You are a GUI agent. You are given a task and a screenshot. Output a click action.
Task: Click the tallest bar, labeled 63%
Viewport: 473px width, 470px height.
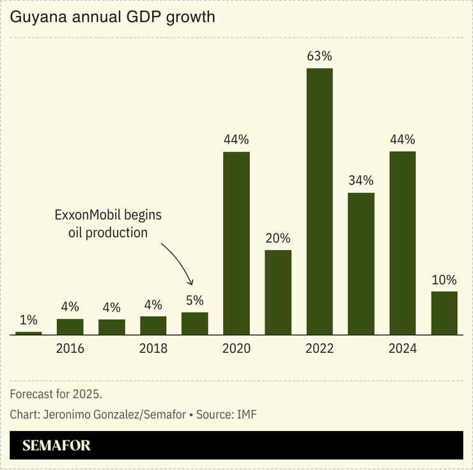click(x=320, y=201)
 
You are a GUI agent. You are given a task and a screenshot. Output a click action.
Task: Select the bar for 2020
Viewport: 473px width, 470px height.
click(x=236, y=243)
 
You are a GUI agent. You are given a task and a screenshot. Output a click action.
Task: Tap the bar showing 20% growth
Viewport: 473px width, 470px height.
click(x=278, y=292)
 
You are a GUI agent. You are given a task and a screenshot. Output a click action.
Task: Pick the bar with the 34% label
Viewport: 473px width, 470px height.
click(x=361, y=263)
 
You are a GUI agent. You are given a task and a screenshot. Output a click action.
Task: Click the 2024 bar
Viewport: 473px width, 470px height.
click(x=403, y=243)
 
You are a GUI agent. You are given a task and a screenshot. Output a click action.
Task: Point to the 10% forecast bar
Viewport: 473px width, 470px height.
click(x=444, y=313)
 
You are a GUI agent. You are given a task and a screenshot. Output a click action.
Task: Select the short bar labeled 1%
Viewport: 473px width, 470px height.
click(x=29, y=333)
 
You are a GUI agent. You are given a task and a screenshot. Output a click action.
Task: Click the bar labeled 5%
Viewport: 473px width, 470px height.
click(x=195, y=323)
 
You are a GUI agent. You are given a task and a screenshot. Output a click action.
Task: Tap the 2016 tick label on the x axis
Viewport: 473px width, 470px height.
click(x=70, y=349)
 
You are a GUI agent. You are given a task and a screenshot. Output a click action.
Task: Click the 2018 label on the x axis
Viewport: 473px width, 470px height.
click(x=153, y=349)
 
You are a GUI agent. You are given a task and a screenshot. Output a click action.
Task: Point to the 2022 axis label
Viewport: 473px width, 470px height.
click(x=320, y=349)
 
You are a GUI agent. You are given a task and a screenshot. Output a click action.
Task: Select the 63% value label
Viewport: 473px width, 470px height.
click(x=320, y=56)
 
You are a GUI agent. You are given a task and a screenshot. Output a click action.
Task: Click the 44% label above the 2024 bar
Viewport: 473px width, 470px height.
click(x=403, y=140)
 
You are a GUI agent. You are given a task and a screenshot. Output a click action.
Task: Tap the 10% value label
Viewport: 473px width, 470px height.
click(x=444, y=280)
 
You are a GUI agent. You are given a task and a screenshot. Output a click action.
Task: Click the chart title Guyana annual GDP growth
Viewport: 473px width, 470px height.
click(x=112, y=17)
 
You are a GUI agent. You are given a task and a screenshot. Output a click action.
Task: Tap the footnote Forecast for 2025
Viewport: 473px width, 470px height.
click(x=56, y=393)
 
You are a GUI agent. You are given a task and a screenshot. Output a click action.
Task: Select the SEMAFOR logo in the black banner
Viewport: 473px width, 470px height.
click(x=56, y=446)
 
